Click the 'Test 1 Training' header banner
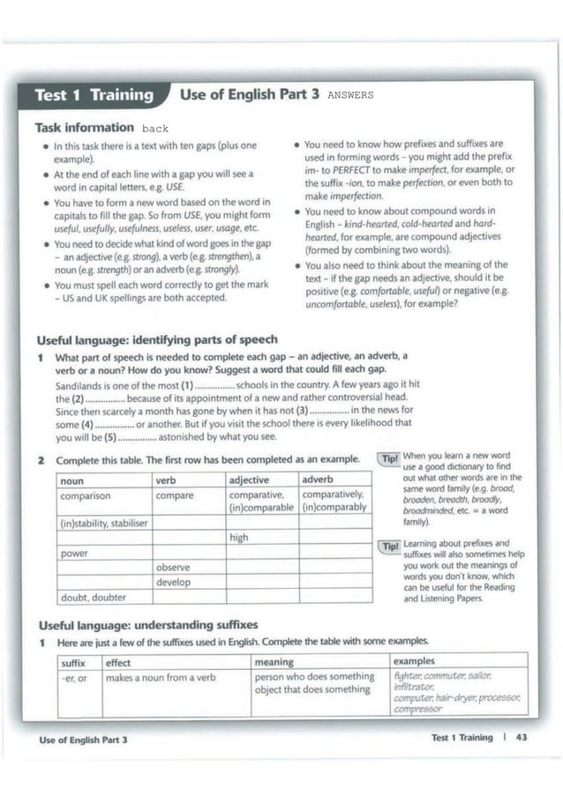[93, 95]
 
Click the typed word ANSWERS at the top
[350, 95]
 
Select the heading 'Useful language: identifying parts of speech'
[156, 339]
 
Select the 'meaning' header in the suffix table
[273, 661]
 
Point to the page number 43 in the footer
[521, 738]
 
